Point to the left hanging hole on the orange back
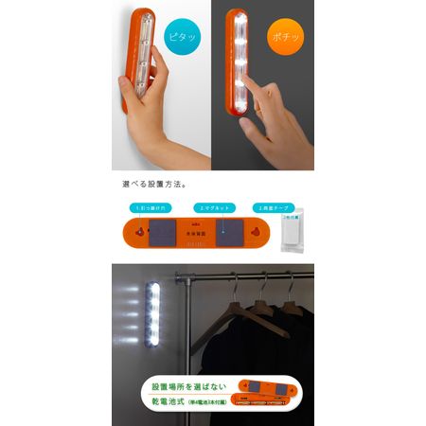tap(140, 232)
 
